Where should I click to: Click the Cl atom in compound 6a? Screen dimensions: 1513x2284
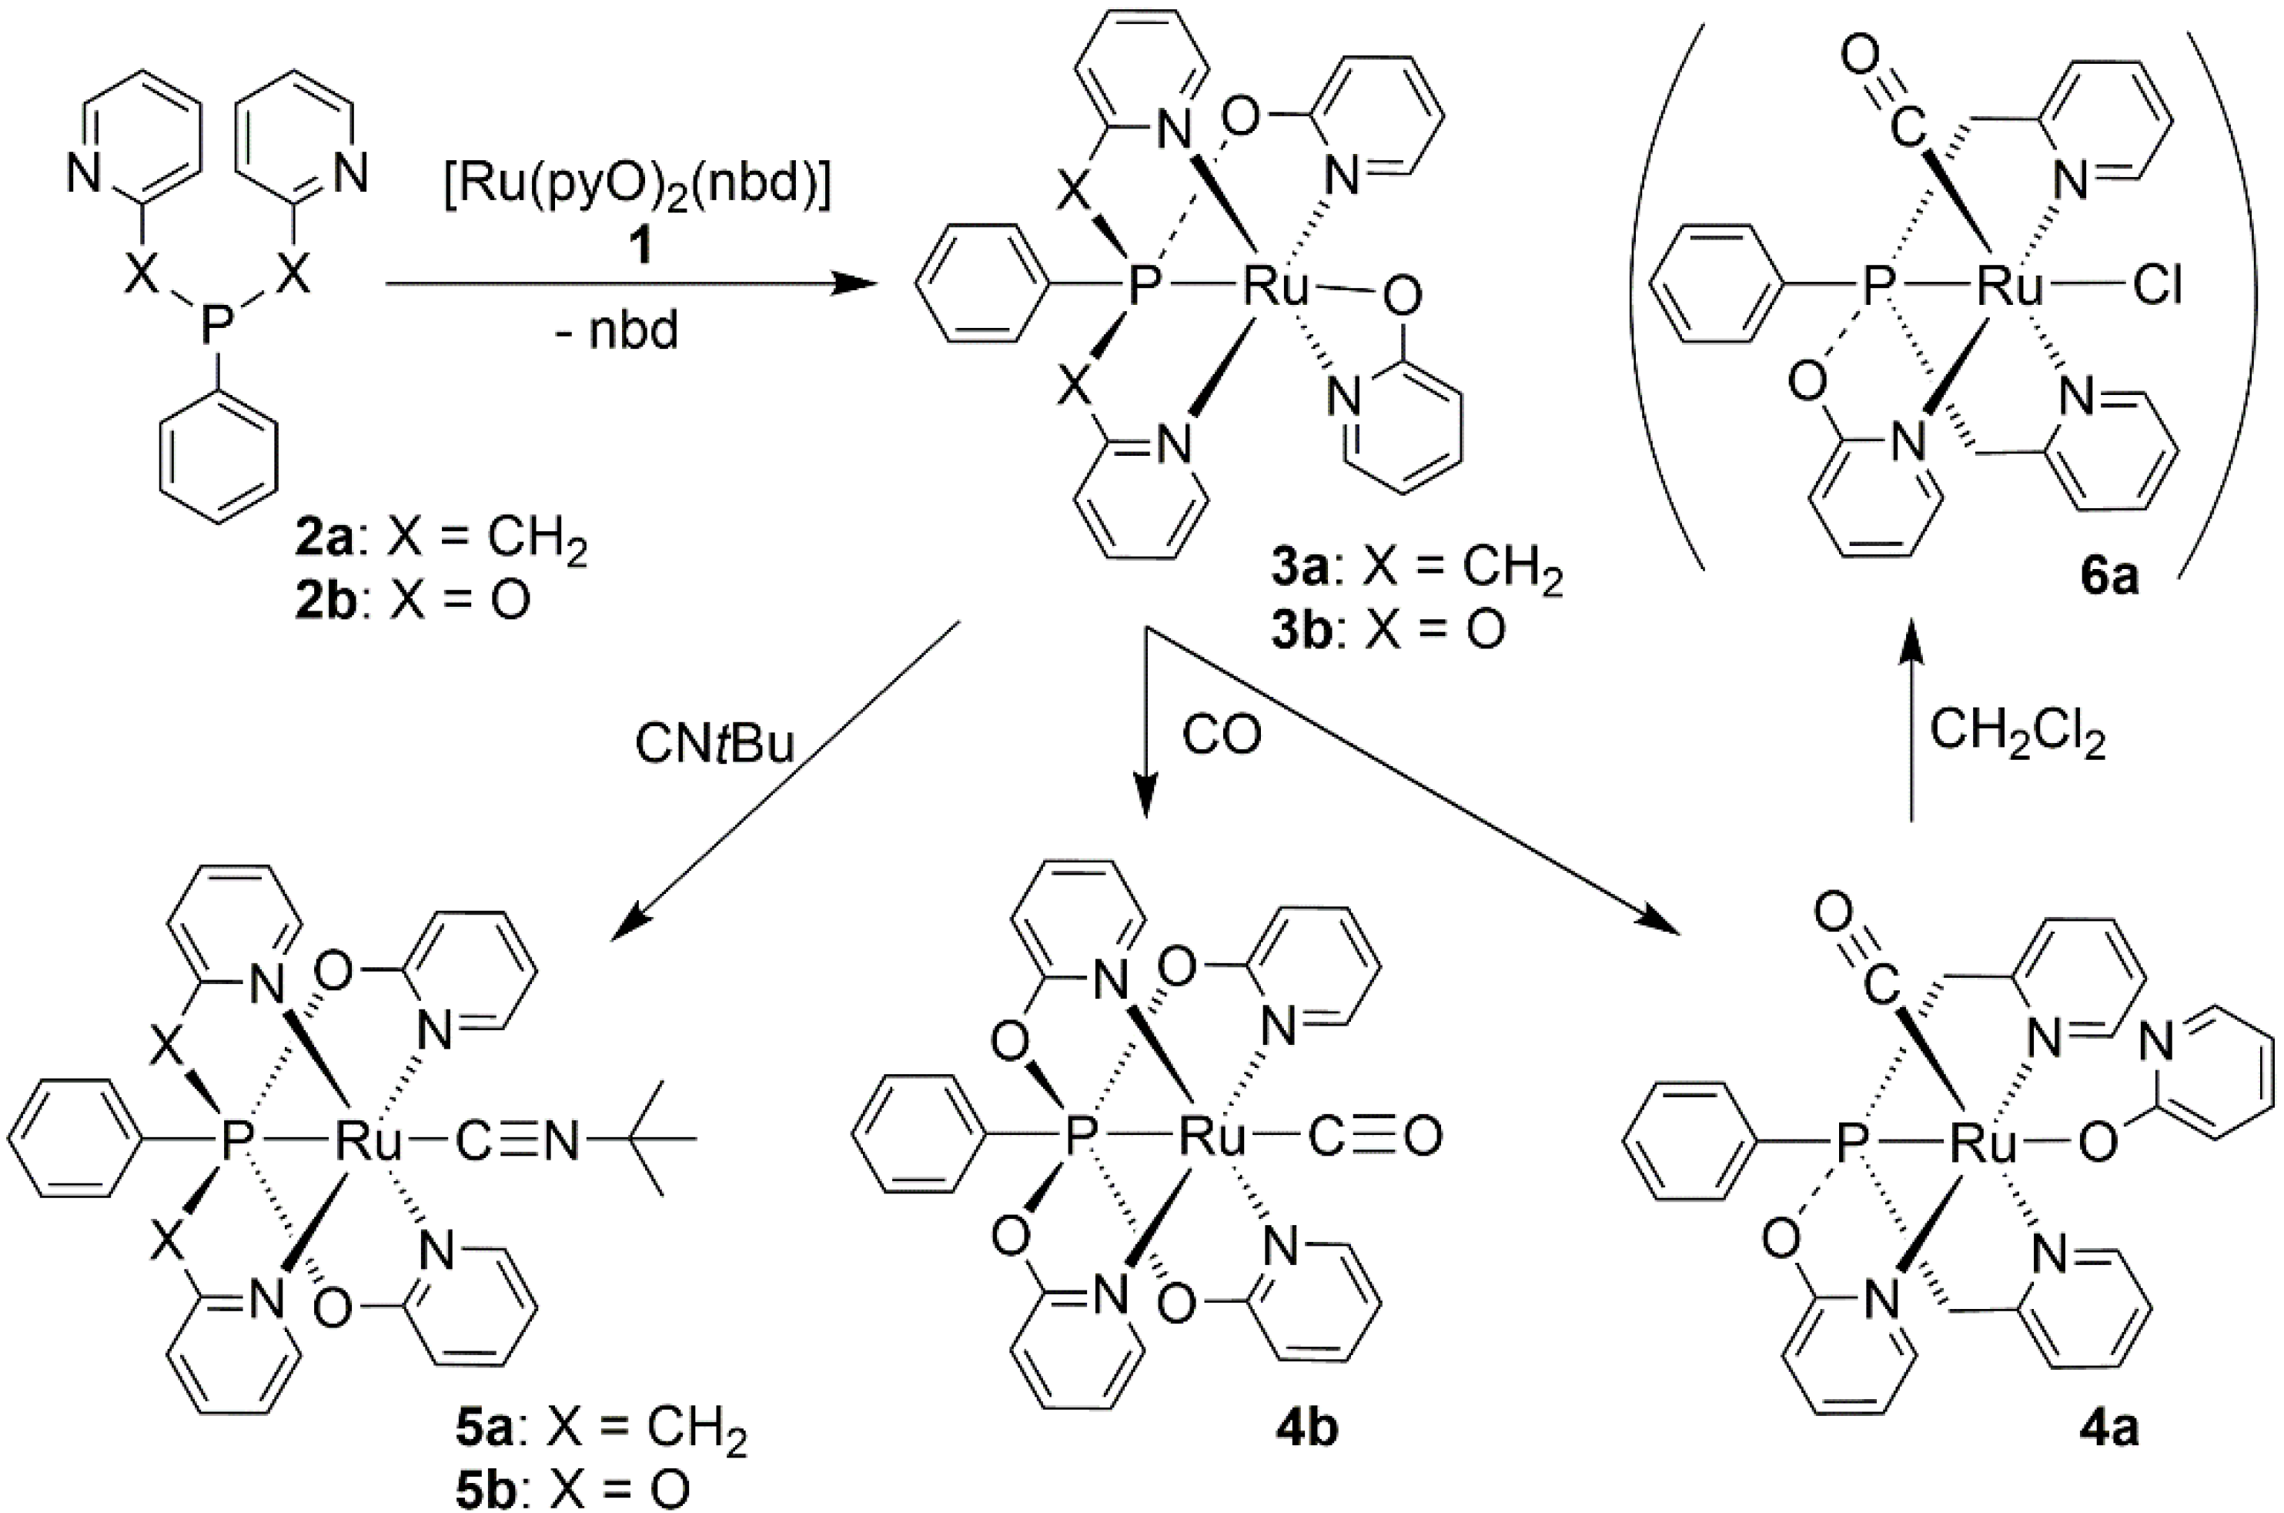[2158, 287]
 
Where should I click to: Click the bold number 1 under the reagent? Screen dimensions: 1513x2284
[637, 249]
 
